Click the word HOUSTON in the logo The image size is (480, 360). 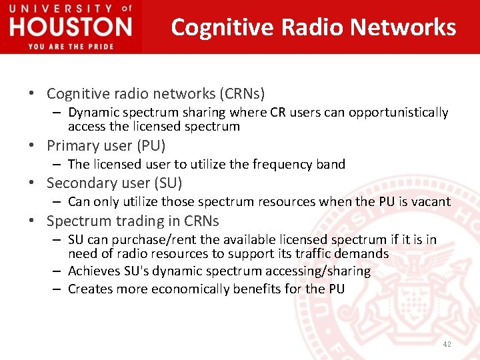71,27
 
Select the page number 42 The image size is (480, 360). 446,344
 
